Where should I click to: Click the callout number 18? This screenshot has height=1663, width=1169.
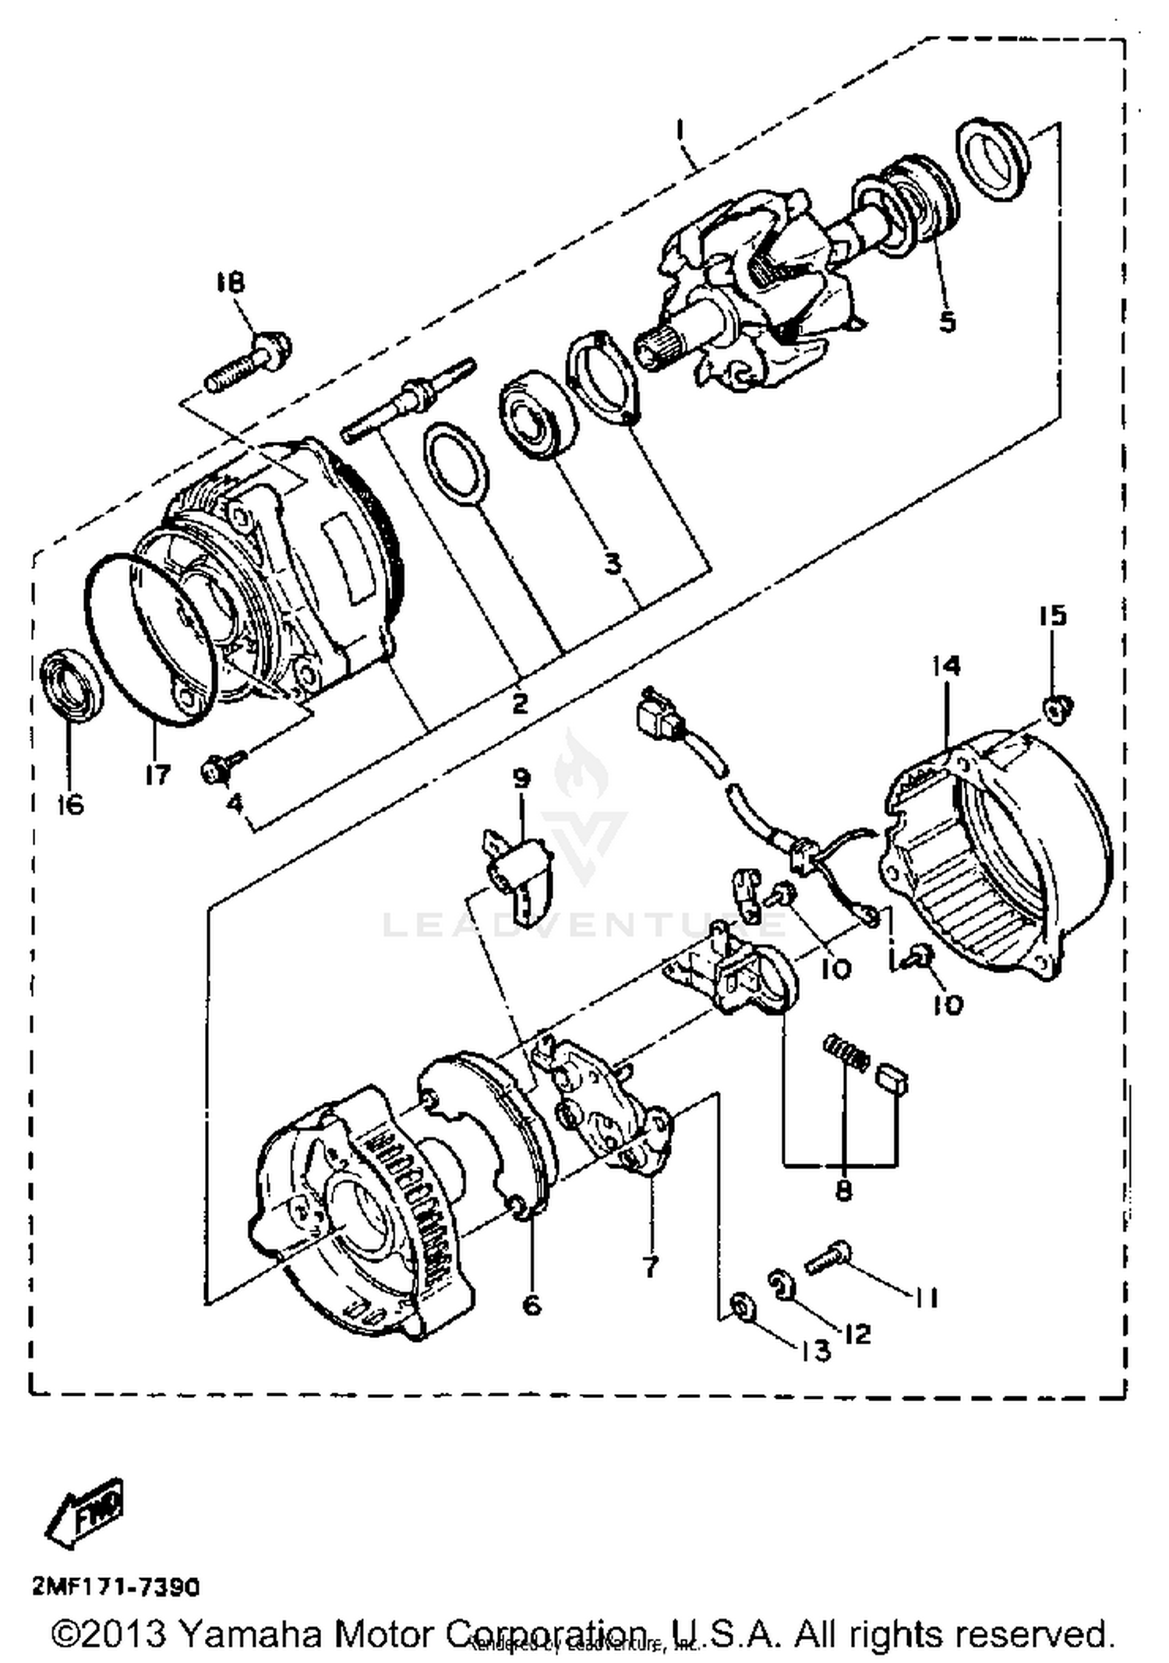coord(230,281)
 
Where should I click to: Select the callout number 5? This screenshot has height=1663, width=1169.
coord(947,320)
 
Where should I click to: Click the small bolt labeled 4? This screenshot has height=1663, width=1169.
coord(221,767)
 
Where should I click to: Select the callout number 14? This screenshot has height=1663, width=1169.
coord(946,666)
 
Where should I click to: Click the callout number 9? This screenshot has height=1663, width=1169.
coord(521,777)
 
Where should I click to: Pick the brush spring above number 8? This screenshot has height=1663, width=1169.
coord(846,1054)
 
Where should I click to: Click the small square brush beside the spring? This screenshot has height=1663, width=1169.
coord(894,1079)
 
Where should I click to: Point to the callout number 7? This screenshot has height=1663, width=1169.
coord(651,1266)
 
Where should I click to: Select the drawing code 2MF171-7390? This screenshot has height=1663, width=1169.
coord(115,1587)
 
